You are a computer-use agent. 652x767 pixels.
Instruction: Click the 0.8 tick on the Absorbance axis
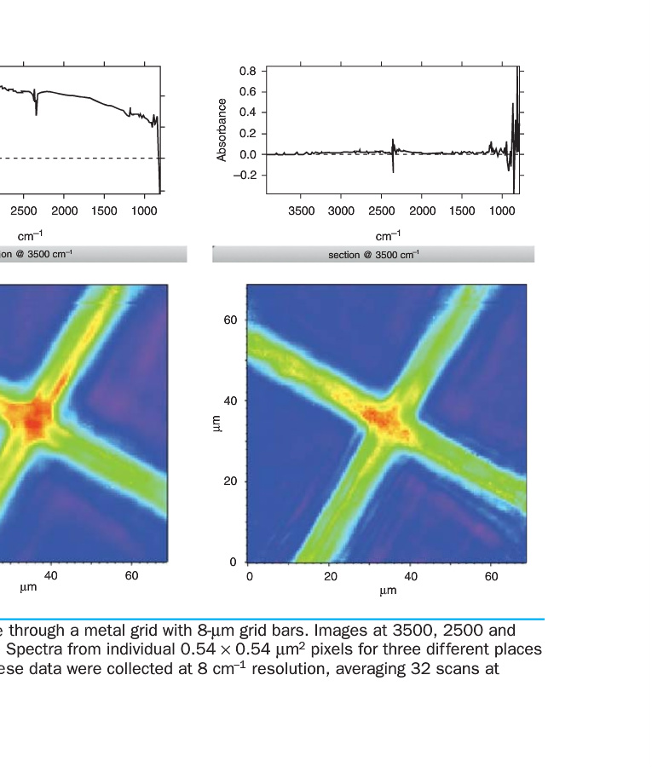click(247, 70)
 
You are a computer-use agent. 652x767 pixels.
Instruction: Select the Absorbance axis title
click(222, 130)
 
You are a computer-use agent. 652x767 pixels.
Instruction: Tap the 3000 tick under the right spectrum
click(341, 210)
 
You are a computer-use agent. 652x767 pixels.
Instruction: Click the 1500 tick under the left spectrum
click(104, 210)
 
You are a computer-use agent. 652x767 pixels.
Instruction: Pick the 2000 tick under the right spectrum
click(423, 210)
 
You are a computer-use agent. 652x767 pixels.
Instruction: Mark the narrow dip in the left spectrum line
click(36, 109)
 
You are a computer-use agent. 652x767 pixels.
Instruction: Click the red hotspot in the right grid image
click(381, 418)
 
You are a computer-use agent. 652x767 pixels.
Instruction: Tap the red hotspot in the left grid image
click(36, 417)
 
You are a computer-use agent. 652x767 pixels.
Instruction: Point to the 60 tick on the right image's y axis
click(230, 320)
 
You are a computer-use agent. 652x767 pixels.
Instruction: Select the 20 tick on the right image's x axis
click(330, 577)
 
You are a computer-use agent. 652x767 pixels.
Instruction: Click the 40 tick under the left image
click(51, 577)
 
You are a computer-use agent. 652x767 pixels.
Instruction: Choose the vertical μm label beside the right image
click(216, 422)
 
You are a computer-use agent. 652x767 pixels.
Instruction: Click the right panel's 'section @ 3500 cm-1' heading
click(373, 255)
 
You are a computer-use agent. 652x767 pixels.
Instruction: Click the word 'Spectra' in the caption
click(30, 650)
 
